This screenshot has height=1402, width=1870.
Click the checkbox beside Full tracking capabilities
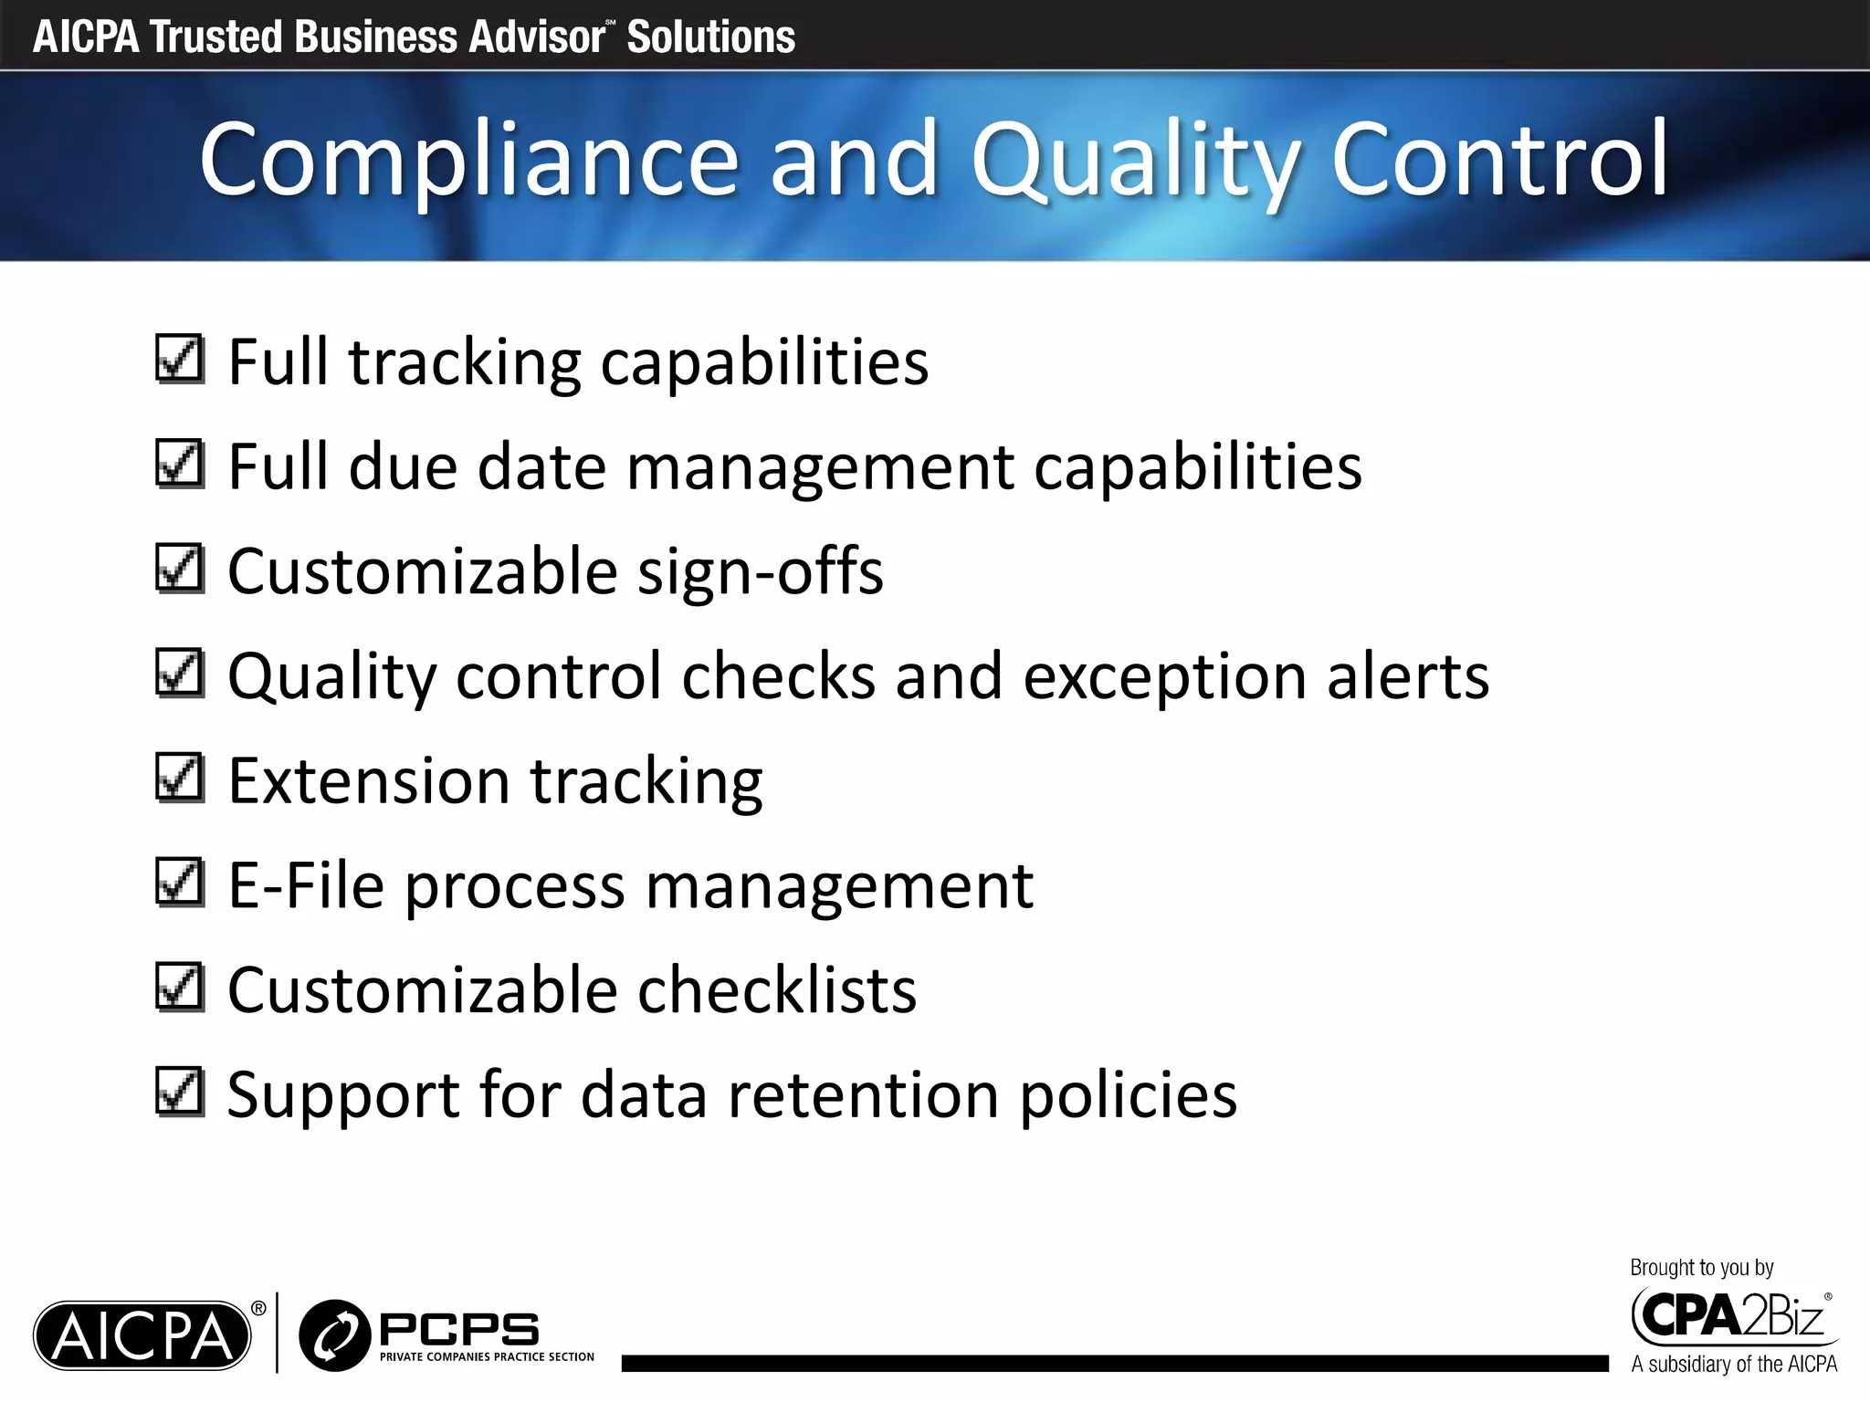(x=179, y=360)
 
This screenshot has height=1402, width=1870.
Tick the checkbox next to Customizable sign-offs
(x=179, y=569)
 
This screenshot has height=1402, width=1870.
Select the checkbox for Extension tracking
(x=179, y=778)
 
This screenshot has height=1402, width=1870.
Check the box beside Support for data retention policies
(x=179, y=1092)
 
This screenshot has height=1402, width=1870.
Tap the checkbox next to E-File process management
(x=179, y=883)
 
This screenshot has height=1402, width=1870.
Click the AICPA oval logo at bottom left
(x=142, y=1335)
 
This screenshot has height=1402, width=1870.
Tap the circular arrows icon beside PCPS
(x=333, y=1335)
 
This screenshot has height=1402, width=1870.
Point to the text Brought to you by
(x=1701, y=1268)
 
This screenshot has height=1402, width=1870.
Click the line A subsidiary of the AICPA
(x=1733, y=1365)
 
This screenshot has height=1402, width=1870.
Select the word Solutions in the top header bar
(x=710, y=37)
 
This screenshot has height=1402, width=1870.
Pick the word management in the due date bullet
(x=820, y=467)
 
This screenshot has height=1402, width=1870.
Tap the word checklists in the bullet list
(x=776, y=990)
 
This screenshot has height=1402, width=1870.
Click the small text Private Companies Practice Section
(x=487, y=1357)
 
